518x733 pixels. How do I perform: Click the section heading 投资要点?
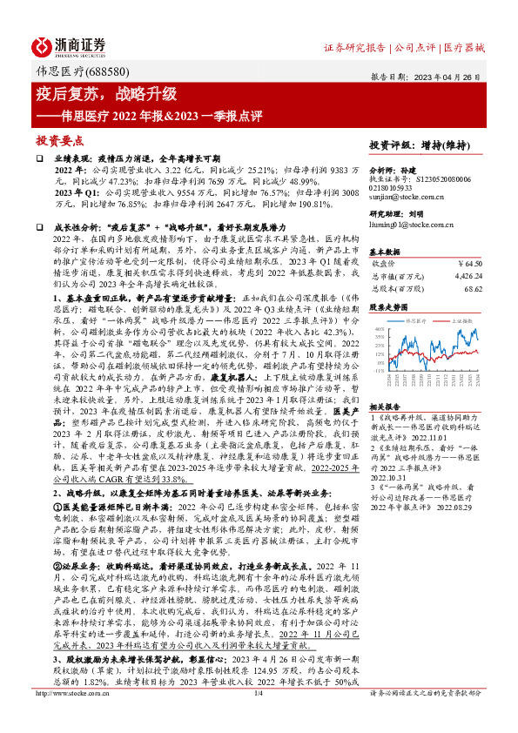pos(59,138)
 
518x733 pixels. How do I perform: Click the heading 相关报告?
pos(384,407)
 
